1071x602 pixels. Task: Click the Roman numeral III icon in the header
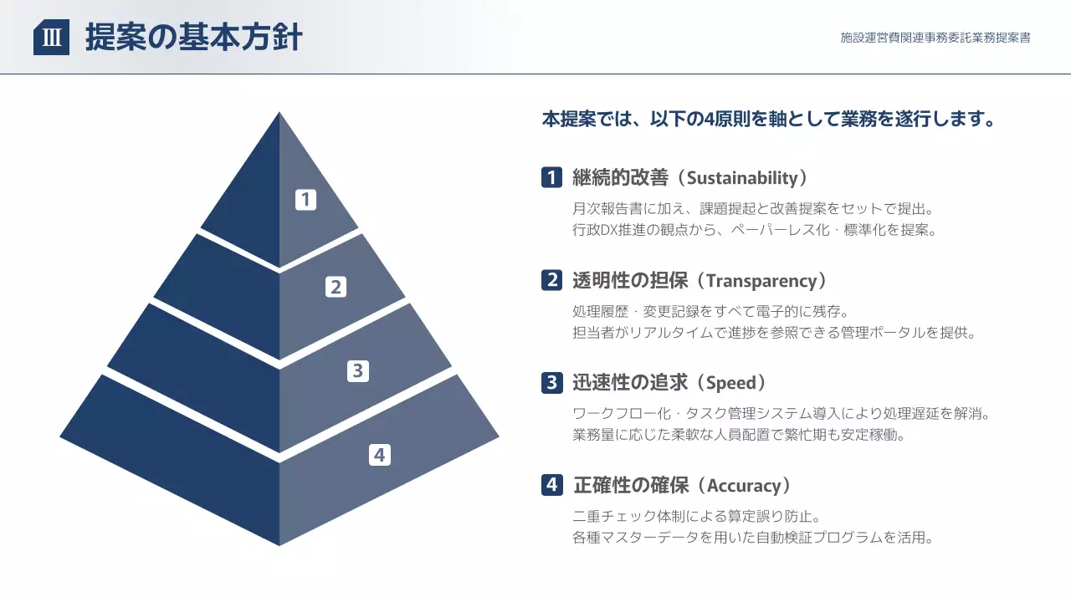tap(51, 38)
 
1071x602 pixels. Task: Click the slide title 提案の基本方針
tap(193, 38)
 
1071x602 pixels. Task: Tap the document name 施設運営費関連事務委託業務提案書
tap(935, 38)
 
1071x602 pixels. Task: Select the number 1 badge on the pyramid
tap(305, 199)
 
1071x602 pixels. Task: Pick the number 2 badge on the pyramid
tap(336, 287)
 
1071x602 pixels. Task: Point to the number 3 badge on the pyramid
tap(358, 370)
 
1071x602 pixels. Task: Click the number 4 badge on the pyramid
tap(380, 455)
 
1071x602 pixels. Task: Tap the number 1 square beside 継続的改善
tap(551, 177)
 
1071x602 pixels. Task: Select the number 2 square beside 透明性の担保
tap(551, 280)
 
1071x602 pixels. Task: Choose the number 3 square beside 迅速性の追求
tap(551, 383)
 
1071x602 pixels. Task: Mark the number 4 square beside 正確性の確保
tap(551, 485)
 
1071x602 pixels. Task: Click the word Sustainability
tap(742, 177)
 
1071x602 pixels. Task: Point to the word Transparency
tap(761, 280)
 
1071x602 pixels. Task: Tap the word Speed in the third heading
tap(731, 383)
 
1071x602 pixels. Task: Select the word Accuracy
tap(744, 485)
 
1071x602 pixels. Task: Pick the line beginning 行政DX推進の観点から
tap(754, 230)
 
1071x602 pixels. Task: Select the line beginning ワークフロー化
tap(775, 413)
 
